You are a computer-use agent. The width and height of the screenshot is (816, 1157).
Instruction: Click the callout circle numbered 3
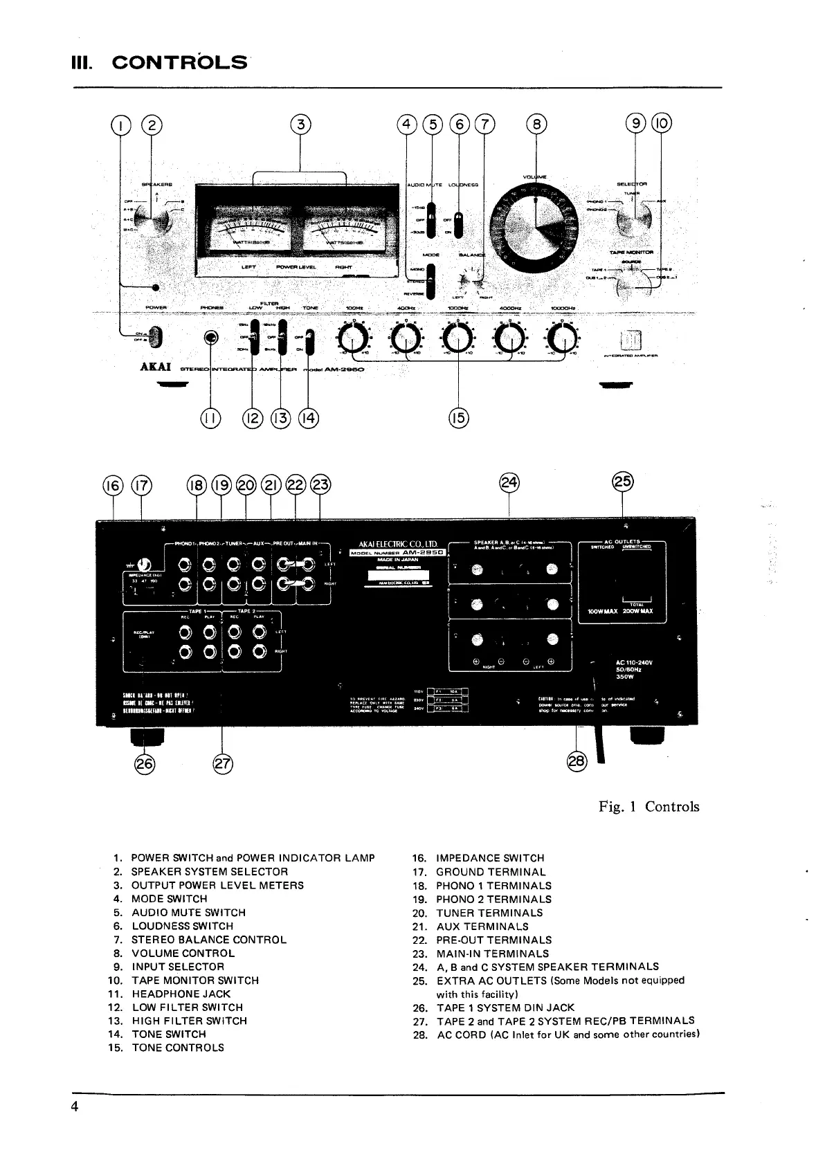coord(300,125)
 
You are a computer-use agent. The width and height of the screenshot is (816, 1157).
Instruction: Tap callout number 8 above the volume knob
coord(536,125)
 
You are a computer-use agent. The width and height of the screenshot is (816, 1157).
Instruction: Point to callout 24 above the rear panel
coord(510,482)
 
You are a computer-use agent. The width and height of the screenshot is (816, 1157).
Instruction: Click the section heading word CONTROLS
coord(179,63)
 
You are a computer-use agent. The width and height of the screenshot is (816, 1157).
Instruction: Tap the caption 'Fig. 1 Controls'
coord(649,807)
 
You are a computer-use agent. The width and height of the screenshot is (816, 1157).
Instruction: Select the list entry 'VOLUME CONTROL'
coord(183,953)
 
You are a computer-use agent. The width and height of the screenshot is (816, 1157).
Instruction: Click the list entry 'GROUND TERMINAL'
coord(491,872)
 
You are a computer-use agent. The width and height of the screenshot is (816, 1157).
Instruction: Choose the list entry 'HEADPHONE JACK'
coord(181,994)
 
